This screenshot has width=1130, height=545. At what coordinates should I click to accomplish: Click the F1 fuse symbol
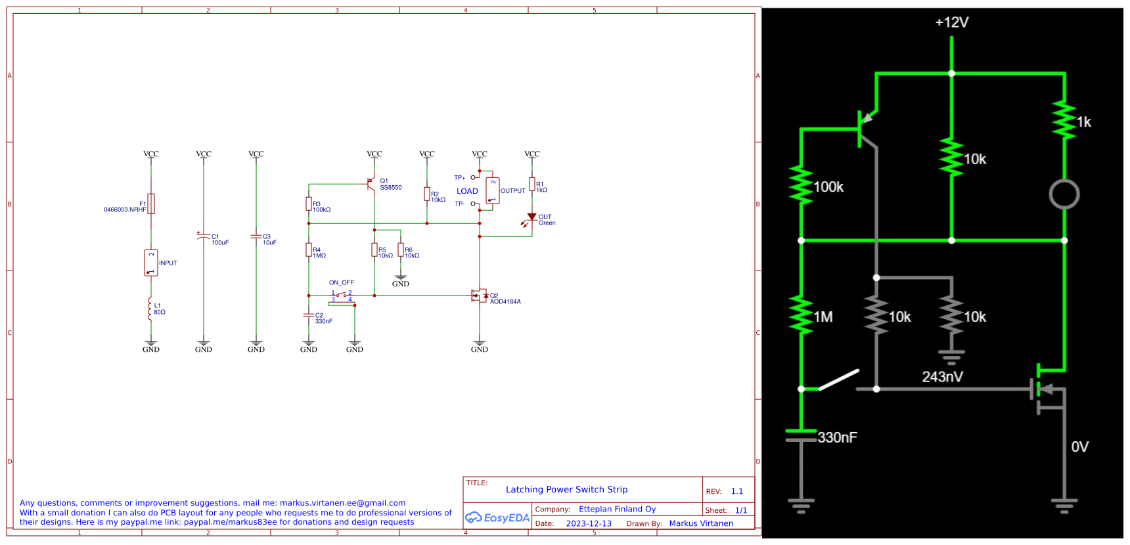click(151, 204)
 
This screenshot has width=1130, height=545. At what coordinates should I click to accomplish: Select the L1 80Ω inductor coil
click(150, 309)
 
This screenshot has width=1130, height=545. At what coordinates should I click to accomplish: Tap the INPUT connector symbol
click(151, 263)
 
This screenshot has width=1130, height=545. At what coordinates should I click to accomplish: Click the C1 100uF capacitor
click(204, 236)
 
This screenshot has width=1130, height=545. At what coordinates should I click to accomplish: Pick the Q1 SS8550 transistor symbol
click(372, 184)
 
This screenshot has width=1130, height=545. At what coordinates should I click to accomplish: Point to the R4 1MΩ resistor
click(309, 250)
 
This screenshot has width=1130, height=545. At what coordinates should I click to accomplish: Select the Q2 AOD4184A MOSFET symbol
click(480, 296)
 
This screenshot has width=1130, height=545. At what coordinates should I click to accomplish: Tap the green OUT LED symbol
click(531, 217)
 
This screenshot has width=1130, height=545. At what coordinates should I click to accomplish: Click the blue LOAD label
click(467, 191)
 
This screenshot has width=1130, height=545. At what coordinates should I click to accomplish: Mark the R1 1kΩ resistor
click(532, 185)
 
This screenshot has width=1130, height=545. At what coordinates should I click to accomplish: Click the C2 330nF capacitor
click(309, 316)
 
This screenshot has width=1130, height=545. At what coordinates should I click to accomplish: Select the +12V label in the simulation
click(951, 22)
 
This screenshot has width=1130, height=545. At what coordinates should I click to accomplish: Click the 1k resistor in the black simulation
click(1064, 120)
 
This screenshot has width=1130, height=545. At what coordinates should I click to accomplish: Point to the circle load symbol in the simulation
click(1064, 194)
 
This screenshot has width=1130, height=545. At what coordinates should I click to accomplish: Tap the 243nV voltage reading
click(942, 377)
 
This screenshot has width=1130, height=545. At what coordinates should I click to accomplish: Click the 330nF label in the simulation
click(837, 437)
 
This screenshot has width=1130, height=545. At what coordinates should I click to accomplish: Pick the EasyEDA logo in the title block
click(497, 517)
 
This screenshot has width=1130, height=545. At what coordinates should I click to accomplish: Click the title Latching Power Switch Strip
click(566, 489)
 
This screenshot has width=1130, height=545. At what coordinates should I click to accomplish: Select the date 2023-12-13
click(589, 523)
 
